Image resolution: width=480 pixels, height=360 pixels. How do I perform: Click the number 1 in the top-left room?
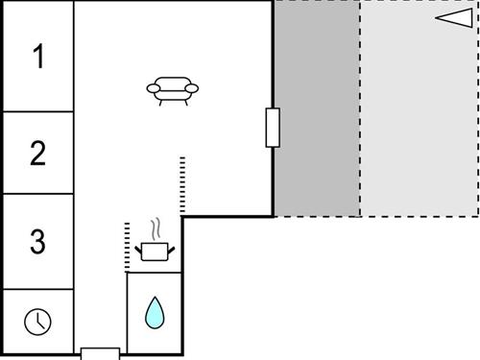[x=38, y=58]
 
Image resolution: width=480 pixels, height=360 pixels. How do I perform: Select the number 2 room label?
[x=38, y=154]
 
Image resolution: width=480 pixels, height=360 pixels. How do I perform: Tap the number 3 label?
[x=37, y=241]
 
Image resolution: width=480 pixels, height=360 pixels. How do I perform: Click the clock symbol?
[x=37, y=321]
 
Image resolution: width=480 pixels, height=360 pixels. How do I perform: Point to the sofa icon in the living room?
[x=173, y=89]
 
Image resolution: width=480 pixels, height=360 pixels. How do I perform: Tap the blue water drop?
[x=154, y=312]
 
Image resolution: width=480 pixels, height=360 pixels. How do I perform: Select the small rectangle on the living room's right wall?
[x=273, y=128]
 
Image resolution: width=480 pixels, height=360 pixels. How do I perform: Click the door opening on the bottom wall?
[x=100, y=352]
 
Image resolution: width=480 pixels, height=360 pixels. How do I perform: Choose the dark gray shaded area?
[x=317, y=108]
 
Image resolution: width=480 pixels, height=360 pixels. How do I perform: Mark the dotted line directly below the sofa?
[x=181, y=185]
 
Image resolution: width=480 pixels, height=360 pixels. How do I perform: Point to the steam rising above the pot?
[x=154, y=228]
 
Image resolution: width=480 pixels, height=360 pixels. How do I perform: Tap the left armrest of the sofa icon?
[x=152, y=88]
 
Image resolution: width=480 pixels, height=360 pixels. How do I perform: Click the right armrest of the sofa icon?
[x=193, y=88]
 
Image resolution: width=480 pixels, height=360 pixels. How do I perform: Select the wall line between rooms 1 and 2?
[x=38, y=111]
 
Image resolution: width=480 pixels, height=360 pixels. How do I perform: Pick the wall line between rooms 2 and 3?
[x=38, y=195]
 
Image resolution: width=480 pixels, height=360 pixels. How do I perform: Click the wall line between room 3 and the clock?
[x=38, y=289]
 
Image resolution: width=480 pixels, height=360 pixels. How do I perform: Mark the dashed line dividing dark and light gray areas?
[x=360, y=108]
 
